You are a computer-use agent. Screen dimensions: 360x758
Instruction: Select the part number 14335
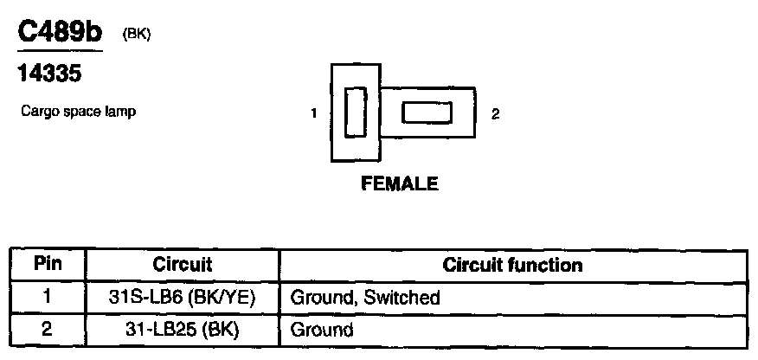click(x=49, y=75)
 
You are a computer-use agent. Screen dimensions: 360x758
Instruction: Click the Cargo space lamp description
click(x=78, y=112)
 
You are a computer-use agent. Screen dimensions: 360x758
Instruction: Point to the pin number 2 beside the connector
click(x=494, y=113)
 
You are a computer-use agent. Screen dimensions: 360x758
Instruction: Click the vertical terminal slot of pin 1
click(x=355, y=112)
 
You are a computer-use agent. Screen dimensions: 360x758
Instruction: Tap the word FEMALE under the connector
click(x=400, y=183)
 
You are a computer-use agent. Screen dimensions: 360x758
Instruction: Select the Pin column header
click(x=48, y=265)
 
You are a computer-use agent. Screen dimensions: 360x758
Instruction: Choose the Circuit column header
click(x=182, y=265)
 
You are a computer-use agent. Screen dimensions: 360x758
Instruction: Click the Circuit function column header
click(x=512, y=265)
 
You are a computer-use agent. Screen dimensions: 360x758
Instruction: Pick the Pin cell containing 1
click(x=48, y=298)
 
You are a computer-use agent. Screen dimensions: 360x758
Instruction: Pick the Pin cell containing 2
click(x=48, y=330)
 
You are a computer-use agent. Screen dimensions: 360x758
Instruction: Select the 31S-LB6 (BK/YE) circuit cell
click(x=182, y=298)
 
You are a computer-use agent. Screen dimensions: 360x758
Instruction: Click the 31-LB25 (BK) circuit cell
click(x=182, y=330)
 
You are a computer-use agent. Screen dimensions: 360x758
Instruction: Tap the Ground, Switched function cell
click(x=365, y=298)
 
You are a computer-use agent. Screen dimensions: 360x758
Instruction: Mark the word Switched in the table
click(x=402, y=298)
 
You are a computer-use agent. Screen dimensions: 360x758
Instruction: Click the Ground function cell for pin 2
click(x=322, y=330)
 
